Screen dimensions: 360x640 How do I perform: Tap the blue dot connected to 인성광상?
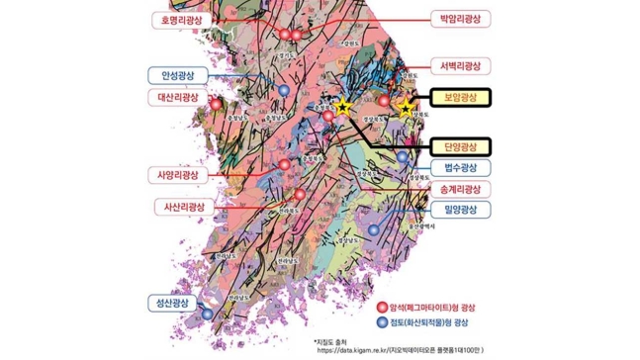coord(285,90)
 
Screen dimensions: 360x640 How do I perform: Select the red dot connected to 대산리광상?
coord(216,102)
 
